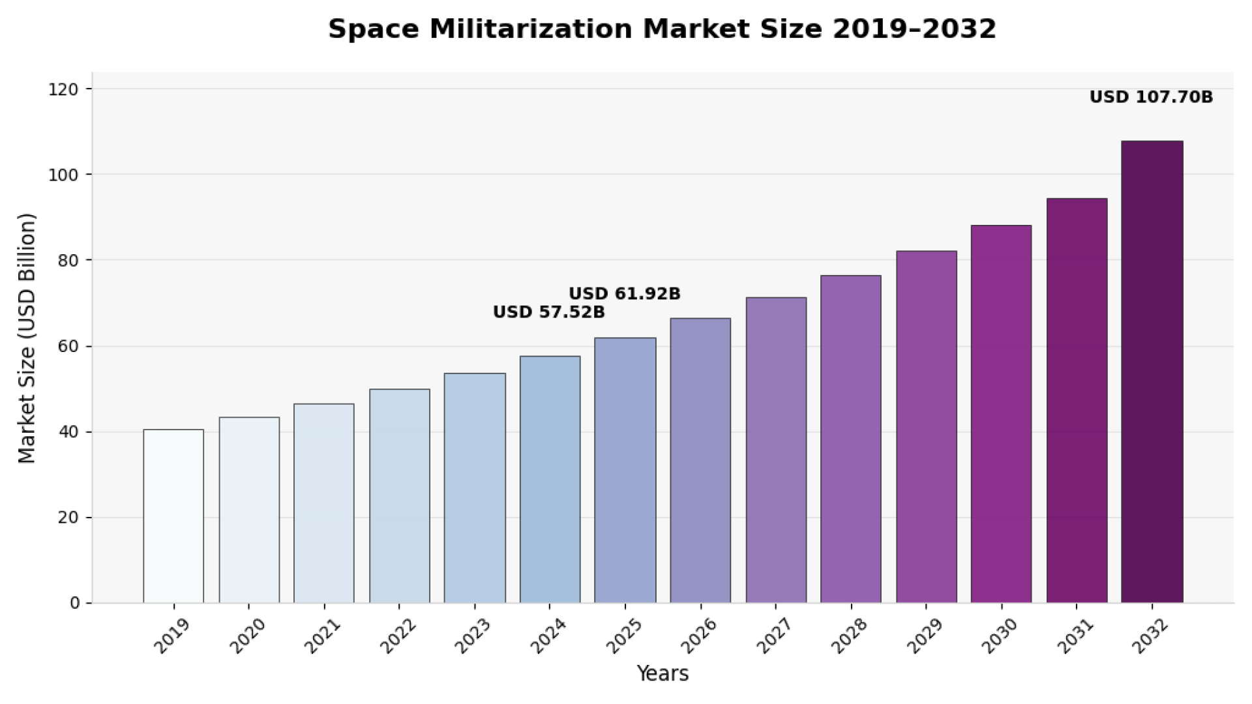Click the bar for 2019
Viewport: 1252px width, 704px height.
click(173, 516)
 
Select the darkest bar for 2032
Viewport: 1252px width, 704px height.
click(1152, 372)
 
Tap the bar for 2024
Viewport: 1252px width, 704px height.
click(550, 479)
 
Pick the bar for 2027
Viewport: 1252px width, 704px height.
click(776, 450)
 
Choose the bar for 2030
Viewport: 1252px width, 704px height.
click(1001, 414)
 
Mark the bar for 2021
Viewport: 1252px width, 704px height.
click(324, 503)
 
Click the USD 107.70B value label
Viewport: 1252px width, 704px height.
click(1151, 97)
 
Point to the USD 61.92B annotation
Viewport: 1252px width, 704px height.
click(625, 294)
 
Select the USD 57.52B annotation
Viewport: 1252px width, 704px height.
click(548, 312)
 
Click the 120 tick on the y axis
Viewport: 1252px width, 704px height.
click(63, 89)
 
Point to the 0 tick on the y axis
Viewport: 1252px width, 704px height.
click(76, 603)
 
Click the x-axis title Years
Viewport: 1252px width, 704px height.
click(663, 673)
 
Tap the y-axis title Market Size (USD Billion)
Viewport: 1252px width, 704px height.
click(27, 339)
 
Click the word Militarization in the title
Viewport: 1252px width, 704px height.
click(531, 29)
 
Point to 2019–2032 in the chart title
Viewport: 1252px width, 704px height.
click(914, 29)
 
